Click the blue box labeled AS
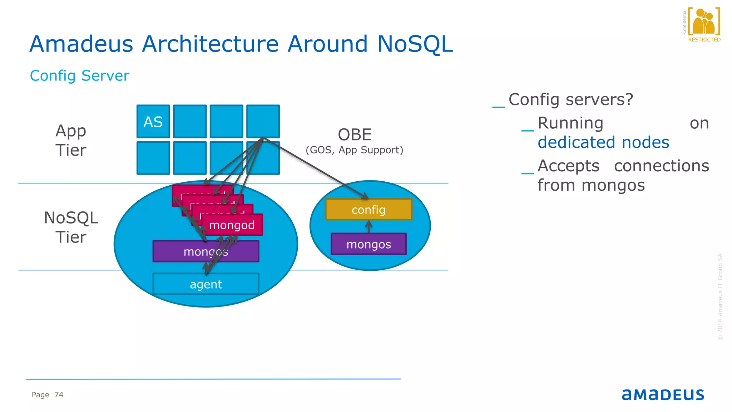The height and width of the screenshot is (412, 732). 153,122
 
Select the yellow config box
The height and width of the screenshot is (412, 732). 369,210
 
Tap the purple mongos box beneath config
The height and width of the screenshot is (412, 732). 369,244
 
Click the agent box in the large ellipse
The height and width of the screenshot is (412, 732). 206,284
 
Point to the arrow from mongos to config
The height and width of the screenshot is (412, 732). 369,226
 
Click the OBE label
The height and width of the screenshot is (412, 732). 355,135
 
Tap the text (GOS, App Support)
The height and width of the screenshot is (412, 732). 354,150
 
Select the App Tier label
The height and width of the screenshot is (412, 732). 71,140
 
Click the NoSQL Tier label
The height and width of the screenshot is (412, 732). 71,227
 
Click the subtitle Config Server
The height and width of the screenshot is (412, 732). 79,75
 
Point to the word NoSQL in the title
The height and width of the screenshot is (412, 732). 415,44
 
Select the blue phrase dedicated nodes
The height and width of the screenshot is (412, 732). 603,142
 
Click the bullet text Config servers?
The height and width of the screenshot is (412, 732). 570,99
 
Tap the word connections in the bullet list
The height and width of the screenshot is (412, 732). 661,166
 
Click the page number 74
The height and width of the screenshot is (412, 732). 59,395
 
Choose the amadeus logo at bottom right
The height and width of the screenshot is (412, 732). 663,394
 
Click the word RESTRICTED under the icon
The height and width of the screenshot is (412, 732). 704,40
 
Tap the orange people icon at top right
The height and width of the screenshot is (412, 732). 703,21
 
